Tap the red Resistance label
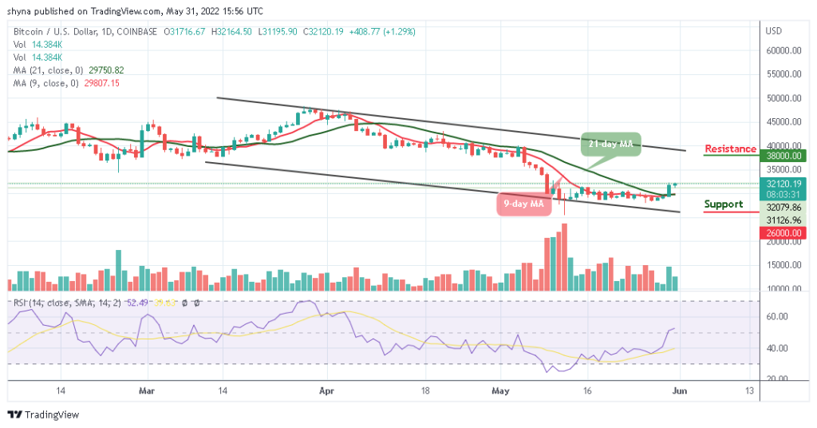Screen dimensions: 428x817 tap(730, 149)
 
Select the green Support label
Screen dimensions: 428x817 tap(723, 204)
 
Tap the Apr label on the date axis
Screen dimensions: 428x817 tap(325, 391)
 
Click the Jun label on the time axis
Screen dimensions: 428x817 tap(680, 391)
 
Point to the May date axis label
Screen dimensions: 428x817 tap(501, 391)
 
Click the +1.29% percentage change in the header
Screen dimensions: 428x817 tap(399, 31)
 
